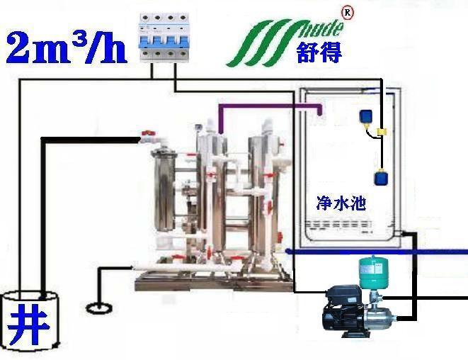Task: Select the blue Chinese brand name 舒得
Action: (319, 52)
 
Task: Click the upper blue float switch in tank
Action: (367, 116)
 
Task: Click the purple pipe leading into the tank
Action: (269, 106)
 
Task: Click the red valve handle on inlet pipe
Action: (148, 133)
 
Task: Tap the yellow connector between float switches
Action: (380, 133)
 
